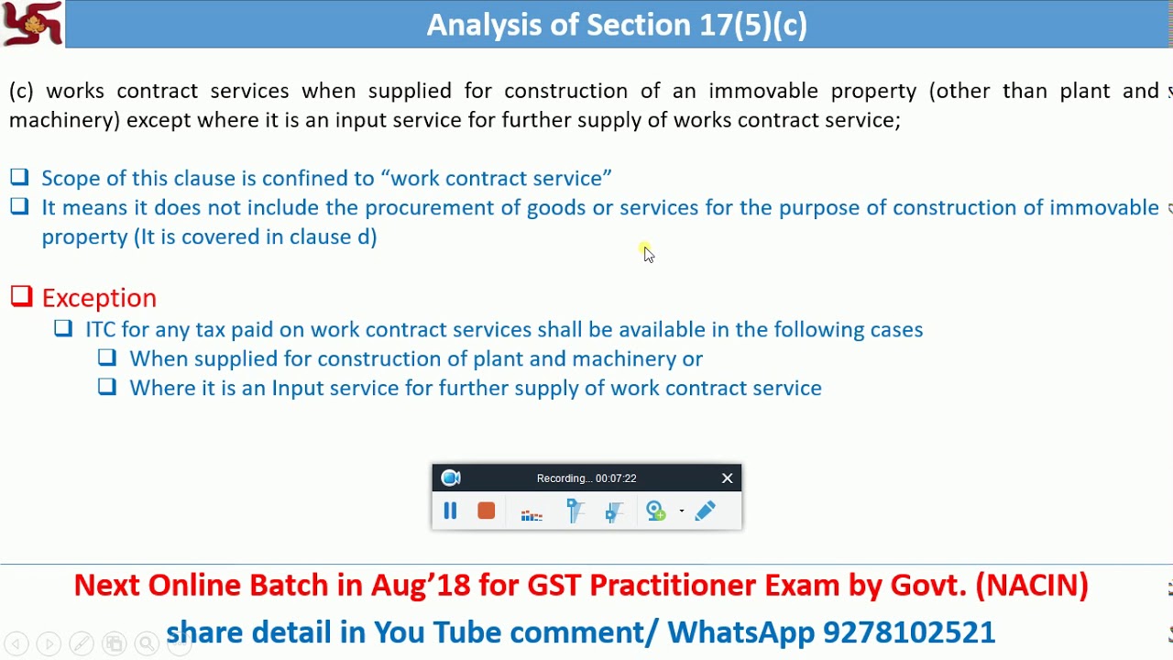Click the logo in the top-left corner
pyautogui.click(x=32, y=24)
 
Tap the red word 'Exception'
pyautogui.click(x=99, y=298)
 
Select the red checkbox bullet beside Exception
pyautogui.click(x=21, y=296)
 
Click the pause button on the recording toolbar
pyautogui.click(x=450, y=511)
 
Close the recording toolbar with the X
pyautogui.click(x=728, y=478)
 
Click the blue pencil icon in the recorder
pyautogui.click(x=705, y=511)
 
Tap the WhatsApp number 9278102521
pyautogui.click(x=909, y=632)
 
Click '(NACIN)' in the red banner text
pyautogui.click(x=1032, y=586)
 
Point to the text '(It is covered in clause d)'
pyautogui.click(x=256, y=236)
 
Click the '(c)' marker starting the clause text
pyautogui.click(x=21, y=91)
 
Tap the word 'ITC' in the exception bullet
pyautogui.click(x=101, y=329)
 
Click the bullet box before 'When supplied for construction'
pyautogui.click(x=107, y=357)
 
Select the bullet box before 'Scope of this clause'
pyautogui.click(x=19, y=177)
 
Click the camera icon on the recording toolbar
pyautogui.click(x=451, y=478)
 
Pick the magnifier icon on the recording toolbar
pyautogui.click(x=655, y=511)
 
